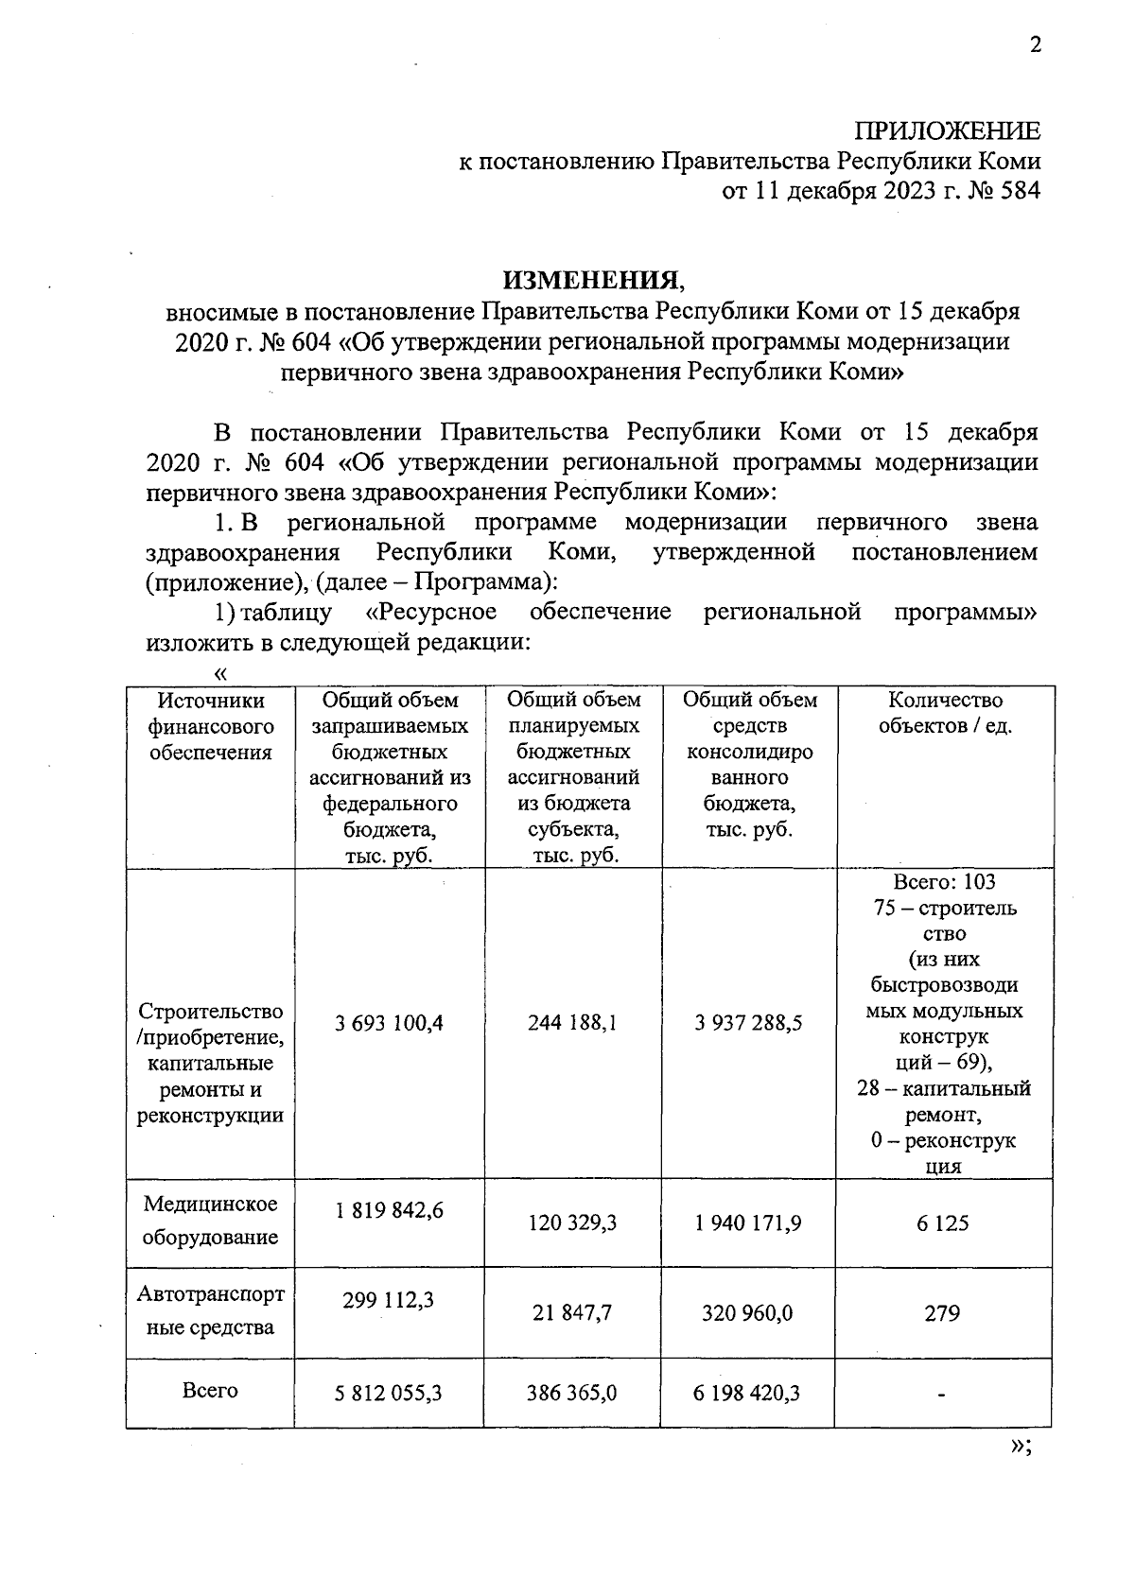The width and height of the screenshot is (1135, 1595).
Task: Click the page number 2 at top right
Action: (x=1035, y=45)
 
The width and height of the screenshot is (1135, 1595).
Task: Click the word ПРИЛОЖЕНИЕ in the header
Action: (x=947, y=131)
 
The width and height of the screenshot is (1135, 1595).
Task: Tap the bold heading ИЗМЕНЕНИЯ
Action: (x=591, y=280)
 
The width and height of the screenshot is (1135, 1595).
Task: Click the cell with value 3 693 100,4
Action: (x=389, y=1022)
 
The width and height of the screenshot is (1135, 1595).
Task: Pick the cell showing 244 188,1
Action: (x=572, y=1022)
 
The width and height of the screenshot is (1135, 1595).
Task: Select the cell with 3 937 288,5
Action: (x=747, y=1022)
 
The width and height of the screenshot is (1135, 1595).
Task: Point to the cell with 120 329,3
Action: (x=572, y=1222)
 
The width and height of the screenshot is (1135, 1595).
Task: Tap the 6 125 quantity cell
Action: (x=942, y=1222)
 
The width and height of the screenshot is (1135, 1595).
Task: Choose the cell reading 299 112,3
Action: (x=389, y=1301)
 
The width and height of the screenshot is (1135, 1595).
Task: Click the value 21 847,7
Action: (x=572, y=1313)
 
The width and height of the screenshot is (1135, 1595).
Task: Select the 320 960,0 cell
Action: (x=747, y=1313)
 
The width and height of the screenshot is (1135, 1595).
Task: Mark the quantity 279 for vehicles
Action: (x=942, y=1313)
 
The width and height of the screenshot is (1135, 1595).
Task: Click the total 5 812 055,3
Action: (x=389, y=1393)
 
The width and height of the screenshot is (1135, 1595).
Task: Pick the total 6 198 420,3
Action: (x=747, y=1393)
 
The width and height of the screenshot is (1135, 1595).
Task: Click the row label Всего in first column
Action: (x=210, y=1391)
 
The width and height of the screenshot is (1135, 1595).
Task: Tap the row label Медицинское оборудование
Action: (x=210, y=1221)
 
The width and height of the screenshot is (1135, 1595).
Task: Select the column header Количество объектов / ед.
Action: (x=944, y=714)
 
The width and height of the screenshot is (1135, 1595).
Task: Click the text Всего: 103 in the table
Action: (x=944, y=882)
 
